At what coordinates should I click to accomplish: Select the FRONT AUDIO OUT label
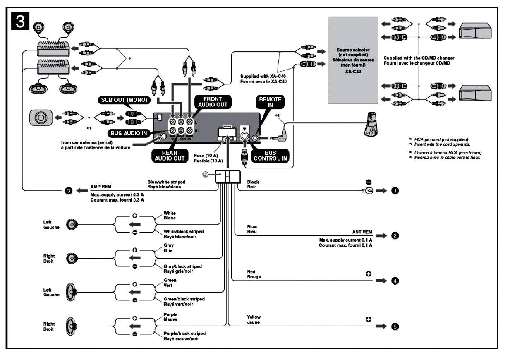click(212, 102)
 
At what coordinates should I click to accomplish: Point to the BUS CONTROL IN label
click(270, 156)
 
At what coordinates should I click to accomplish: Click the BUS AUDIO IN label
click(129, 134)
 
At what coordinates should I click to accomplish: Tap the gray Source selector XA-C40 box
click(352, 60)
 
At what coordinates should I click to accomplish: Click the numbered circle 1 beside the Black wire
click(395, 191)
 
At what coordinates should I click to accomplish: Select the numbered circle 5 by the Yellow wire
click(395, 326)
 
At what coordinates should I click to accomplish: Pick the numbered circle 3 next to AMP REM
click(68, 191)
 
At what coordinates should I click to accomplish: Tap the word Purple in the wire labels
click(170, 315)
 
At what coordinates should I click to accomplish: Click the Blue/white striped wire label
click(166, 182)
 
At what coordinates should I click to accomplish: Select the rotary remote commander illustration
click(371, 125)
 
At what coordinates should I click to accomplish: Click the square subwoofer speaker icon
click(41, 118)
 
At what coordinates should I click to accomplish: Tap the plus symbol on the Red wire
click(368, 274)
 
